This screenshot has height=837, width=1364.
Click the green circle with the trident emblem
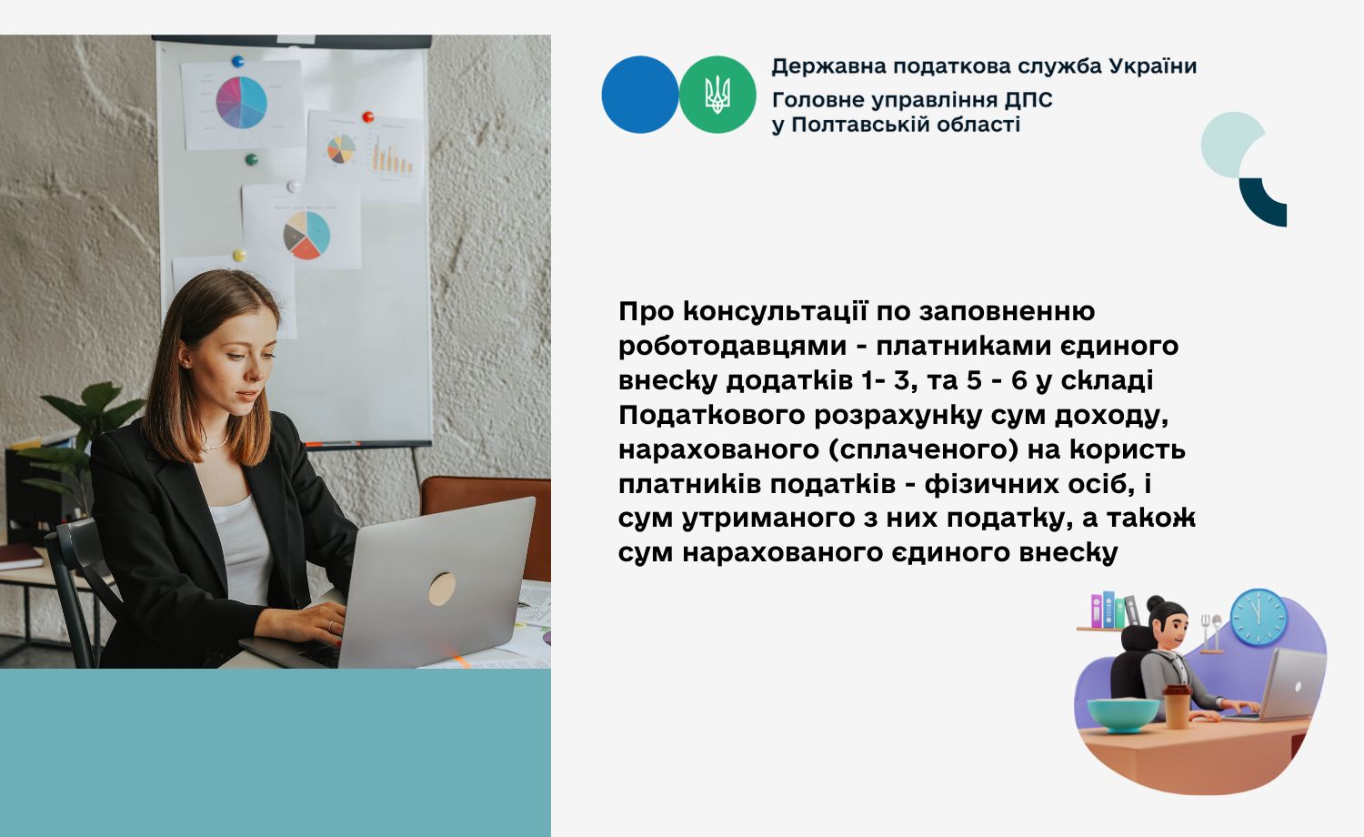pyautogui.click(x=717, y=95)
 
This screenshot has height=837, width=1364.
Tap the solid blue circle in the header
pyautogui.click(x=640, y=95)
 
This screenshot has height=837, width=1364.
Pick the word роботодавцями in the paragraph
pyautogui.click(x=733, y=347)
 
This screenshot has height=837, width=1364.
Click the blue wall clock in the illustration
pyautogui.click(x=1259, y=617)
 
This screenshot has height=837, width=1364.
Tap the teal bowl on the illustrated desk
pyautogui.click(x=1123, y=715)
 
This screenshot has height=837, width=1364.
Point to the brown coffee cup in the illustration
pyautogui.click(x=1177, y=707)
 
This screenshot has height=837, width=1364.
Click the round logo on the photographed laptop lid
pyautogui.click(x=442, y=589)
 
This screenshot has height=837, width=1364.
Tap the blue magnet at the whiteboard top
pyautogui.click(x=237, y=61)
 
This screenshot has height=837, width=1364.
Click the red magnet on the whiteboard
pyautogui.click(x=367, y=116)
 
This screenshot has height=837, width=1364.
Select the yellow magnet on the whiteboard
pyautogui.click(x=240, y=255)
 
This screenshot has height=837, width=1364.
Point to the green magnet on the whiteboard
pyautogui.click(x=252, y=159)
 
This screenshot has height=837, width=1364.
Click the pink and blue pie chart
pyautogui.click(x=242, y=102)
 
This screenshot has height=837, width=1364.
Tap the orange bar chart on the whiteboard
pyautogui.click(x=392, y=155)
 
